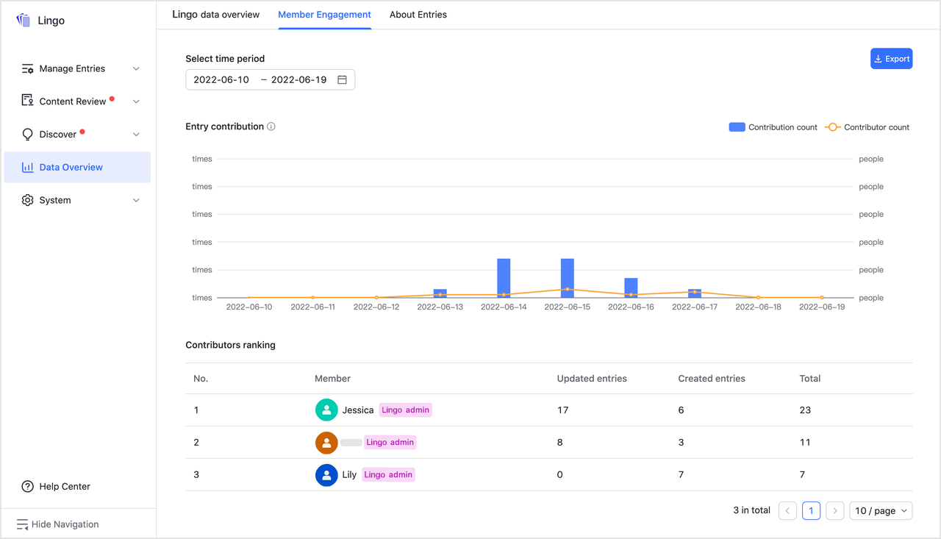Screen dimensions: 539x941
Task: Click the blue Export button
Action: click(891, 59)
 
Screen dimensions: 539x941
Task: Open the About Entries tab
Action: click(418, 15)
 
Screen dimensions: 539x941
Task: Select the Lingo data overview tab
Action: click(215, 15)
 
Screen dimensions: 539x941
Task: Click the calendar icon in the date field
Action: click(342, 79)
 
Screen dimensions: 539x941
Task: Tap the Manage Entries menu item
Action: click(72, 68)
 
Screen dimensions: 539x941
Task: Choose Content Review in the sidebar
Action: click(73, 101)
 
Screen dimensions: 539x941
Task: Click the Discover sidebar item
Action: click(58, 135)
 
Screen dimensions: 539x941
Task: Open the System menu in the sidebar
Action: click(55, 200)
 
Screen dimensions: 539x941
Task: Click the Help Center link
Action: click(65, 486)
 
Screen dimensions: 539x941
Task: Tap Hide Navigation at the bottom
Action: click(65, 524)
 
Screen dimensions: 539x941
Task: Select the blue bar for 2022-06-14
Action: click(504, 278)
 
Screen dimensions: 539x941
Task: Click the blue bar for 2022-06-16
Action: click(631, 288)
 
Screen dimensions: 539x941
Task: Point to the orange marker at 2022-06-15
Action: click(568, 289)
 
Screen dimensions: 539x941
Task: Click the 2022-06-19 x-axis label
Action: click(822, 307)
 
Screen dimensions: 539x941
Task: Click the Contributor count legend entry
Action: click(867, 127)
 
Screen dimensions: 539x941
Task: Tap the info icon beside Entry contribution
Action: click(271, 126)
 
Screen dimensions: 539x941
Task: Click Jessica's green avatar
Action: click(326, 410)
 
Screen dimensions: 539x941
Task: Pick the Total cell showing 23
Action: click(805, 410)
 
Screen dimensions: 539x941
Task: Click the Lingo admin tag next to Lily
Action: click(388, 475)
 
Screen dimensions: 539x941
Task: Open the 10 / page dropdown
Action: click(880, 510)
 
